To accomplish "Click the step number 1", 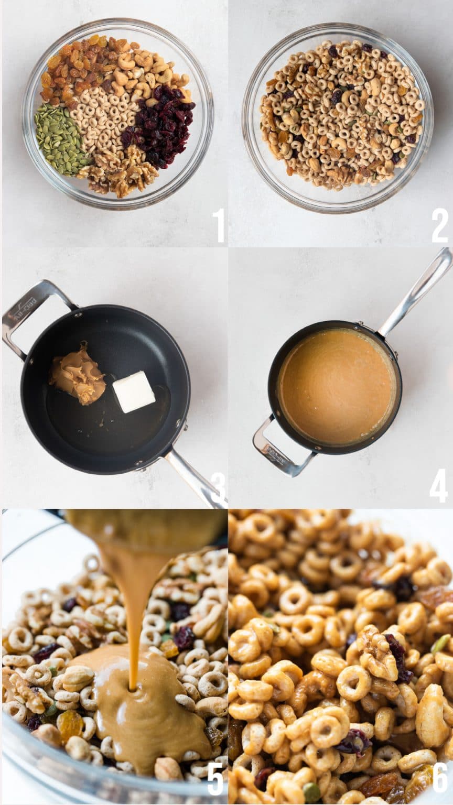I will coord(219,225).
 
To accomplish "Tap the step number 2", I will coord(439,225).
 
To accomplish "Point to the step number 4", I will coord(438,486).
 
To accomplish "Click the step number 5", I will coord(215,779).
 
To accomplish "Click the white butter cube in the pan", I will coord(134,392).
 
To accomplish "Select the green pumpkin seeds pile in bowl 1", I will coord(59,139).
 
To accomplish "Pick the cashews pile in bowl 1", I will coord(147,71).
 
